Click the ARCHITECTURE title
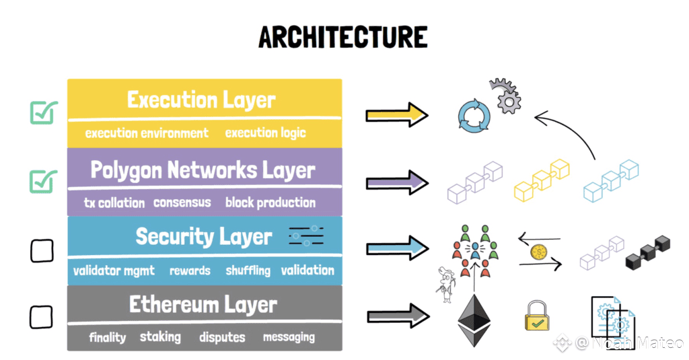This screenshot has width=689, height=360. click(343, 37)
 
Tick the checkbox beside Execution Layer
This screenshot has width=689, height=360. click(44, 112)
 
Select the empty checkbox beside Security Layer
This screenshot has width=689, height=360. click(42, 250)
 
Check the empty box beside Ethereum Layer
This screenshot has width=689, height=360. click(42, 316)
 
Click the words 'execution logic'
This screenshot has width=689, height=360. click(265, 133)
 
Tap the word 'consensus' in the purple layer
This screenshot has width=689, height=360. click(182, 202)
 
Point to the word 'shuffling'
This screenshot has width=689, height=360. click(248, 271)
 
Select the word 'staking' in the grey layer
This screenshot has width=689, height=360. click(160, 336)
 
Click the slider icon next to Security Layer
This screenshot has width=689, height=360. click(306, 236)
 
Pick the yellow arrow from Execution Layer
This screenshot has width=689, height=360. click(397, 115)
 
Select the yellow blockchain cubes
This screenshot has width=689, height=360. click(542, 179)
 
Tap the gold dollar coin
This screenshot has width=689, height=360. click(538, 252)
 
